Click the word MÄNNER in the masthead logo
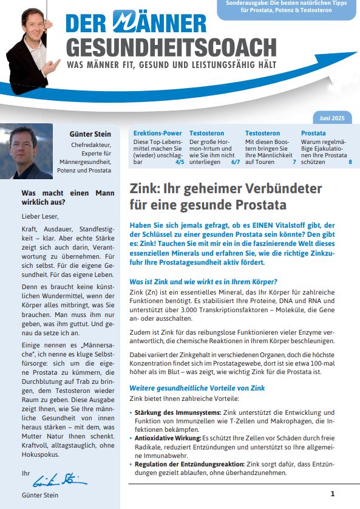[x=160, y=23]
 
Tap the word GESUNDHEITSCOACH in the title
[x=172, y=46]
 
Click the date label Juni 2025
[x=331, y=117]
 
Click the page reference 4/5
[x=180, y=162]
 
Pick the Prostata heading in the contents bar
[x=313, y=133]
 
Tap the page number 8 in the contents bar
[x=350, y=162]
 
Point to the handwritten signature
[x=60, y=479]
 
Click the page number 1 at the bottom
[x=333, y=494]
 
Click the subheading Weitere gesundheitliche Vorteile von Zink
[x=197, y=388]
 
